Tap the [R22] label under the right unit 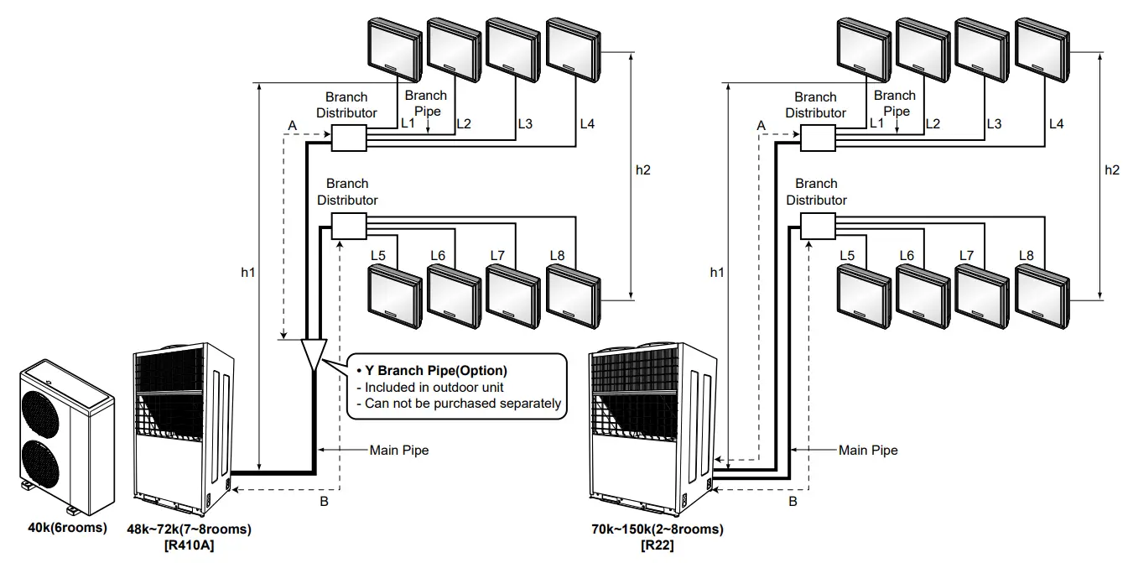pyautogui.click(x=657, y=545)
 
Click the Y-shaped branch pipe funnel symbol pyautogui.click(x=313, y=355)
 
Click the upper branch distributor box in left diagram pyautogui.click(x=349, y=138)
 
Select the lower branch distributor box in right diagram pyautogui.click(x=818, y=226)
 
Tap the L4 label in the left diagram pyautogui.click(x=586, y=124)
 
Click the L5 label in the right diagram pyautogui.click(x=847, y=255)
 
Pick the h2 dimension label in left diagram pyautogui.click(x=643, y=169)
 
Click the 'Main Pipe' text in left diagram pyautogui.click(x=399, y=451)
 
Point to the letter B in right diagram pyautogui.click(x=793, y=503)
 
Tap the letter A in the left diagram pyautogui.click(x=292, y=125)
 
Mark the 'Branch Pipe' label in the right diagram pyautogui.click(x=895, y=103)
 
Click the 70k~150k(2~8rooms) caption pyautogui.click(x=657, y=529)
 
